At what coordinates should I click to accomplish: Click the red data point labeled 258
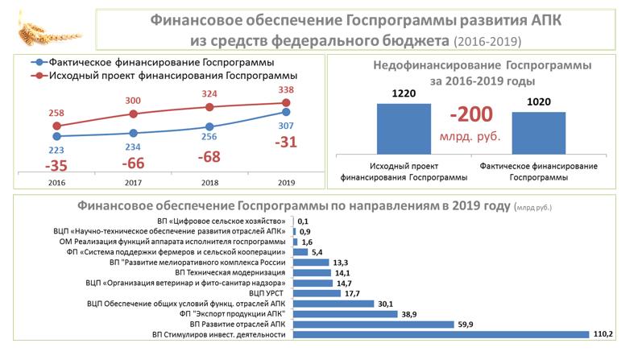[57, 126]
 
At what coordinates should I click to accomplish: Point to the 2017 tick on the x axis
[135, 183]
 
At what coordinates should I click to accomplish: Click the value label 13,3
[341, 262]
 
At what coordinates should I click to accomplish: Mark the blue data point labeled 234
[135, 133]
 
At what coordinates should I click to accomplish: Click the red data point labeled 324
[209, 106]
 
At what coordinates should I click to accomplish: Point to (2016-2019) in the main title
[487, 40]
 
